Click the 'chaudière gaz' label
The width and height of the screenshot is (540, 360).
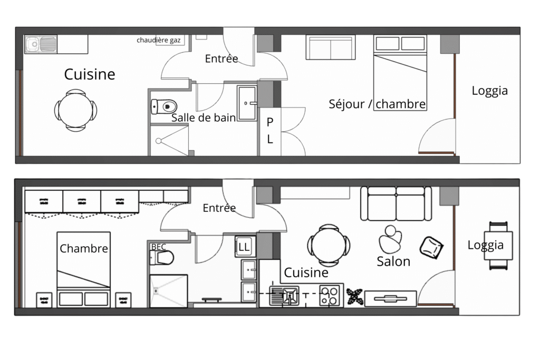pyautogui.click(x=158, y=40)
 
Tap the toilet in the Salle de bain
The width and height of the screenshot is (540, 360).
pyautogui.click(x=164, y=106)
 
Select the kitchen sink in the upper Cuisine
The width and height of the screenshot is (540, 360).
pyautogui.click(x=41, y=44)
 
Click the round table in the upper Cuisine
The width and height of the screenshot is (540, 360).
pyautogui.click(x=75, y=111)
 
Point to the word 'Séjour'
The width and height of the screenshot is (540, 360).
pyautogui.click(x=346, y=104)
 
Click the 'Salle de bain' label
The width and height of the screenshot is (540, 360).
pyautogui.click(x=204, y=118)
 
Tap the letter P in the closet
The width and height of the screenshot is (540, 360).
pyautogui.click(x=270, y=122)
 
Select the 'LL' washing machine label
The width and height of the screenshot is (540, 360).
pyautogui.click(x=244, y=247)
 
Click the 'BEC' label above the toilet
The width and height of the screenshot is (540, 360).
pyautogui.click(x=158, y=247)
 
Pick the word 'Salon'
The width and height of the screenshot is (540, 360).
pyautogui.click(x=393, y=261)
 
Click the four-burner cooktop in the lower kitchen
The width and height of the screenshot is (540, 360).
pyautogui.click(x=329, y=296)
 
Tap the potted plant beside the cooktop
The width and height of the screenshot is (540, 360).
pyautogui.click(x=354, y=297)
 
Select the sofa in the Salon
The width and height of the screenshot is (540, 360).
pyautogui.click(x=396, y=203)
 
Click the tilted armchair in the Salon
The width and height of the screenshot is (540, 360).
pyautogui.click(x=431, y=247)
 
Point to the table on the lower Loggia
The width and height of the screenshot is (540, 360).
pyautogui.click(x=498, y=246)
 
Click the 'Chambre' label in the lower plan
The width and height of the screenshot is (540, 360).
pyautogui.click(x=84, y=248)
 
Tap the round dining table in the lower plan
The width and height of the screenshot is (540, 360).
pyautogui.click(x=329, y=246)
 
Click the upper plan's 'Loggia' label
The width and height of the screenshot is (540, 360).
pyautogui.click(x=489, y=91)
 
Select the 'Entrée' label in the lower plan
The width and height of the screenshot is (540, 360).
pyautogui.click(x=219, y=208)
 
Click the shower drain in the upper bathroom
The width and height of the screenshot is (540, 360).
pyautogui.click(x=158, y=141)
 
